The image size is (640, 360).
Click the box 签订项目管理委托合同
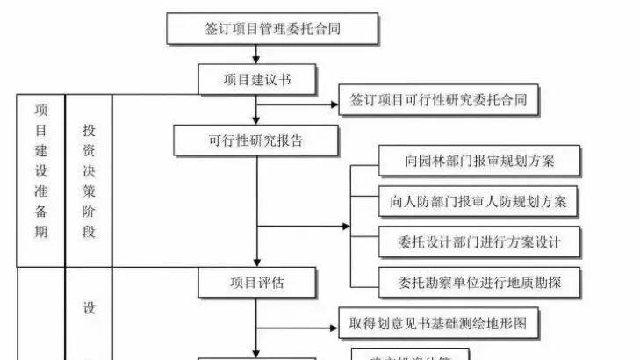point(272,29)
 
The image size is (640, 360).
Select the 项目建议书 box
point(256,80)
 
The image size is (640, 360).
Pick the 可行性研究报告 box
point(256,139)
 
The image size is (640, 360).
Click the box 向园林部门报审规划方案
point(479,161)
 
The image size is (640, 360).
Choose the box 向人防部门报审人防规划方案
point(479,202)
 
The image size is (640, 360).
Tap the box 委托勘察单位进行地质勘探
point(479,283)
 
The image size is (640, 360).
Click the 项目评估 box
point(256,282)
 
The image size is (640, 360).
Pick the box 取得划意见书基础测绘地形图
point(438,325)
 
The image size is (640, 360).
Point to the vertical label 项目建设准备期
point(41,171)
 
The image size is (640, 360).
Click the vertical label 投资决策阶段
point(89,180)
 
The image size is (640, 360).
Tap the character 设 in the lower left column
point(89,307)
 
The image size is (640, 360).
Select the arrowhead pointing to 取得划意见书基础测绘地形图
point(334,328)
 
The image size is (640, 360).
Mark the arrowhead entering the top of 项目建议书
point(256,61)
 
